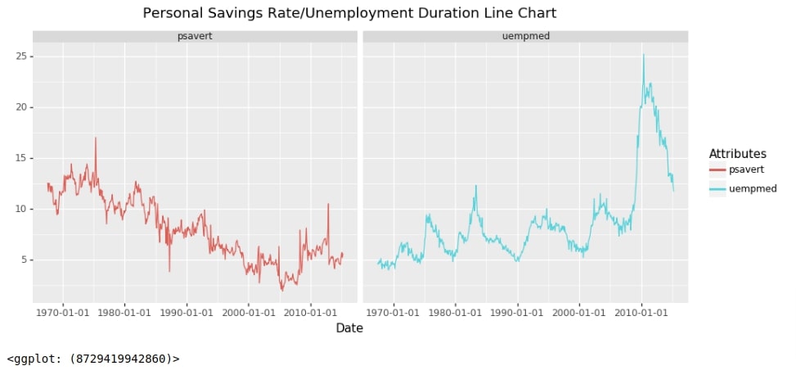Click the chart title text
click(349, 13)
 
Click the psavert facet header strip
click(195, 36)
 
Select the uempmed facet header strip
click(525, 36)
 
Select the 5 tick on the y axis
click(23, 260)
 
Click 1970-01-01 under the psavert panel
click(63, 312)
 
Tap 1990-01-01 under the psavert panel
click(187, 312)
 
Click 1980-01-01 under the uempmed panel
click(455, 312)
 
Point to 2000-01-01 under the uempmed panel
click(579, 312)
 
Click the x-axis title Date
click(349, 328)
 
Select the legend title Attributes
click(737, 154)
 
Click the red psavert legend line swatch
click(717, 169)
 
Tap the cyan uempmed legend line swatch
click(717, 188)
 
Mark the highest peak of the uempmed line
click(643, 55)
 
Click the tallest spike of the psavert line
click(96, 138)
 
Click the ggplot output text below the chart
click(93, 359)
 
